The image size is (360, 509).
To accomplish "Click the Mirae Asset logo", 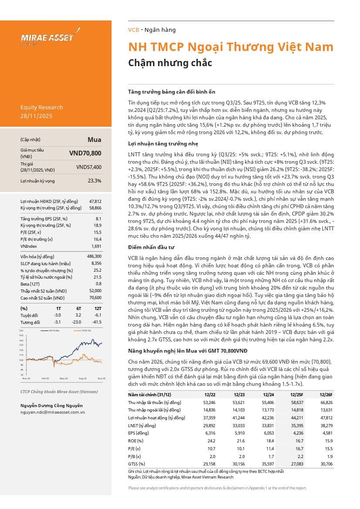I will tap(48, 37).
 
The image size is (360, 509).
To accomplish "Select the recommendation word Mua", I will tap(94, 140).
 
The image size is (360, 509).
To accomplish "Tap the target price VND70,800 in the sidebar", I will tap(85, 153).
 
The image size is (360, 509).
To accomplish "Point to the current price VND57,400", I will tap(88, 167).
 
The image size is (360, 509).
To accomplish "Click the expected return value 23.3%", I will tap(94, 180).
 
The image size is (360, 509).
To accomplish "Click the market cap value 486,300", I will tap(94, 256).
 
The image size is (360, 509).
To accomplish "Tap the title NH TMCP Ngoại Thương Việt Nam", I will tap(231, 47).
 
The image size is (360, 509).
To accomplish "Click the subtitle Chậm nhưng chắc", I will tap(170, 63).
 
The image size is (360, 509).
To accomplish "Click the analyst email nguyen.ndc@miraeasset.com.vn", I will tap(53, 412).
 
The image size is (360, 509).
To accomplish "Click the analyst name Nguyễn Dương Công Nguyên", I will tap(51, 405).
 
